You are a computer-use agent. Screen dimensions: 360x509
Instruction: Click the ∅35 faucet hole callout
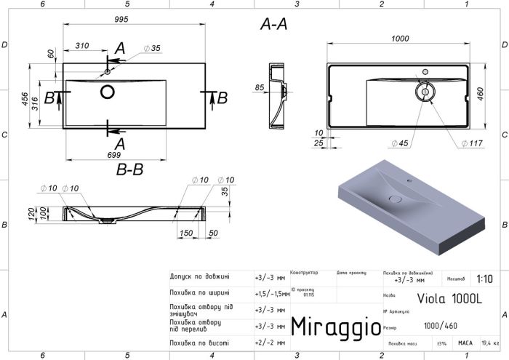click(152, 48)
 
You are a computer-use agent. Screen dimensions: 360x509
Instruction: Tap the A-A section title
click(273, 24)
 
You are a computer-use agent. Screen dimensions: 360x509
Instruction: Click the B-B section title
click(129, 170)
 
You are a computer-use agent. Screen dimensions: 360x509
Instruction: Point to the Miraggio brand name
click(335, 327)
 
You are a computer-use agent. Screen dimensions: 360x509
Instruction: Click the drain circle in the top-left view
click(108, 92)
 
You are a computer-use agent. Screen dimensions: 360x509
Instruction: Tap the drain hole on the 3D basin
click(396, 198)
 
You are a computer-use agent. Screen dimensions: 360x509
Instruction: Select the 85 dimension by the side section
click(259, 89)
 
